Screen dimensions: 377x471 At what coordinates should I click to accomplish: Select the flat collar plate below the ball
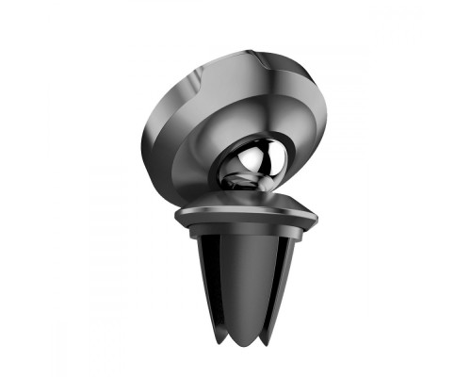pyautogui.click(x=245, y=215)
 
